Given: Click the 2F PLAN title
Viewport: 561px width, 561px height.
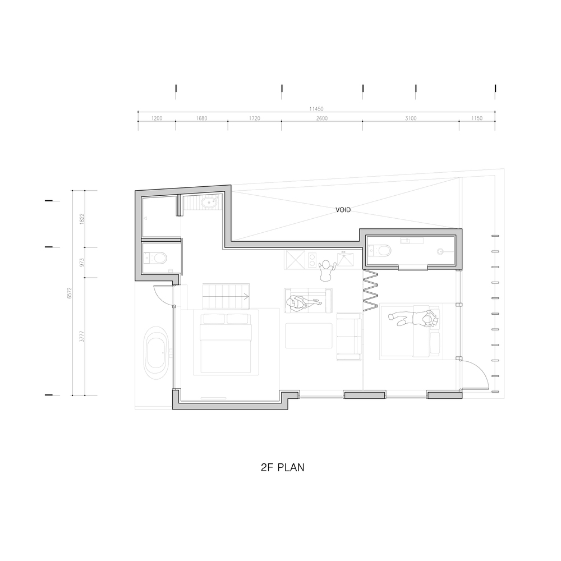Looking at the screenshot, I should pyautogui.click(x=283, y=467).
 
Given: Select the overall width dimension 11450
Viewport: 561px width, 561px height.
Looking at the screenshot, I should pyautogui.click(x=316, y=109).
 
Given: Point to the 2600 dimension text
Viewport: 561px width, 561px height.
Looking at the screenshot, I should pyautogui.click(x=321, y=119).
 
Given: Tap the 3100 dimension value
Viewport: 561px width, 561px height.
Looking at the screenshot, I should pyautogui.click(x=410, y=119).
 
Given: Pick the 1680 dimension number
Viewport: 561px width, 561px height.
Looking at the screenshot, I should pyautogui.click(x=201, y=119).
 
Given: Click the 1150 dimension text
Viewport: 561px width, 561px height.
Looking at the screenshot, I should pyautogui.click(x=477, y=119).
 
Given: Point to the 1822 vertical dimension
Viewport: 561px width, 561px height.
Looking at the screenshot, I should pyautogui.click(x=82, y=219).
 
